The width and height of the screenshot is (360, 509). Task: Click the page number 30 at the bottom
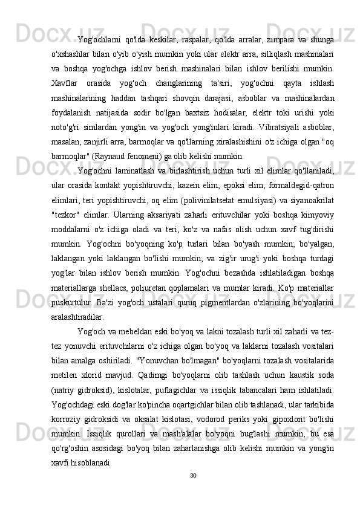pos(192,475)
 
